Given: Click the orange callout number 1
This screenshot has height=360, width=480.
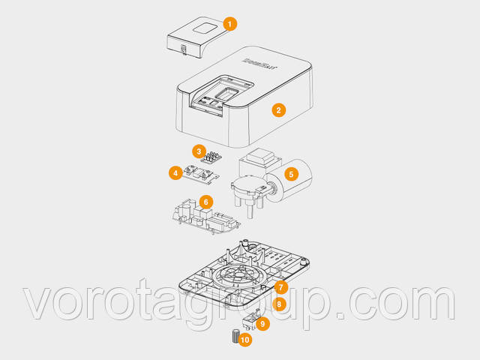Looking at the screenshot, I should [230, 23].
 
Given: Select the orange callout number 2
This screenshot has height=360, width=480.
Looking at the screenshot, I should [278, 110].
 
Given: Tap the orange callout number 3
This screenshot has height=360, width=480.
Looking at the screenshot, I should [198, 151].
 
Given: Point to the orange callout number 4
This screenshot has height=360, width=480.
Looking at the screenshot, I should [175, 173].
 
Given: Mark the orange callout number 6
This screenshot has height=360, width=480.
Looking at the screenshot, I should [205, 202].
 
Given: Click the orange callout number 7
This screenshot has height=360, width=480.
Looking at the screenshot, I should [280, 287].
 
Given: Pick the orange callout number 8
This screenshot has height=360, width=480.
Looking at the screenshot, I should [279, 304].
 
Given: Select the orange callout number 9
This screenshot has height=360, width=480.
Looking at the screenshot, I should [262, 323].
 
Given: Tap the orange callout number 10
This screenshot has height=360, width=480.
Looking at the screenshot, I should [245, 339].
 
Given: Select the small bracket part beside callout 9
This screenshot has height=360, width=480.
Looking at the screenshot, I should [251, 317].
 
